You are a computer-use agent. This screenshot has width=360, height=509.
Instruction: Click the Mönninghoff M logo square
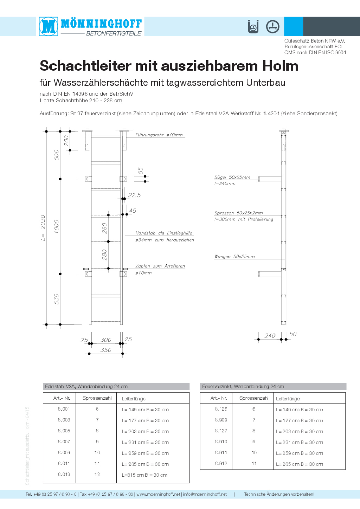pos(49,26)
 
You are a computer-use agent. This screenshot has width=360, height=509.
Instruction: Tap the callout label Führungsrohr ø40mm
pos(159,135)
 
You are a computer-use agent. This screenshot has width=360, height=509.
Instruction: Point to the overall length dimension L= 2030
pos(43,227)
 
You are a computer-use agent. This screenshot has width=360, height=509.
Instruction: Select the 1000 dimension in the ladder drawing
pos(57,226)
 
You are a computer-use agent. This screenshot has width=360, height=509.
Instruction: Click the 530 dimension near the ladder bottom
pos(57,299)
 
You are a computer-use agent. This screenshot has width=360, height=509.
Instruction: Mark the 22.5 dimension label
pos(134,195)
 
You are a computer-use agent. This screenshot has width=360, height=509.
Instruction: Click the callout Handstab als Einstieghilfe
pos(164,233)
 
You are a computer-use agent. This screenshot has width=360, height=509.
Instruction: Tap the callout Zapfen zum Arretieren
pos(160,266)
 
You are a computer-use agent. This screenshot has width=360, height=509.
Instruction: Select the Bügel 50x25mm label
pos(232,177)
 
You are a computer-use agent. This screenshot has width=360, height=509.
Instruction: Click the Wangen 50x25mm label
pos(234,257)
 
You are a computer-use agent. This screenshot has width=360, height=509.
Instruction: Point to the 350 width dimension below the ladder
pos(106,350)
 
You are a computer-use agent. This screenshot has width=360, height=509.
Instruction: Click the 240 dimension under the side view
pos(270,336)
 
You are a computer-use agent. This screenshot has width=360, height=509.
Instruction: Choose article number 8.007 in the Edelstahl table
pos(64,442)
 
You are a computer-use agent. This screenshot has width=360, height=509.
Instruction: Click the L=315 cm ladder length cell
pos(144,475)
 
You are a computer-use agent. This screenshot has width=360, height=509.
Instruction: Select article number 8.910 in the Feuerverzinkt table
pos(221,442)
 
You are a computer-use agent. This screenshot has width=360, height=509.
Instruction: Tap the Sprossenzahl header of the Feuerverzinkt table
pos(254,398)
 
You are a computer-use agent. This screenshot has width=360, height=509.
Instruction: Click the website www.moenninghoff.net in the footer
pos(158,494)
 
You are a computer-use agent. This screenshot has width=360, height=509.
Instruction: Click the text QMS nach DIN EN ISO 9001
pos(315,52)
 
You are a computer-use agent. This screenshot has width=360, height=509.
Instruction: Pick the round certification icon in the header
pos(272,26)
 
